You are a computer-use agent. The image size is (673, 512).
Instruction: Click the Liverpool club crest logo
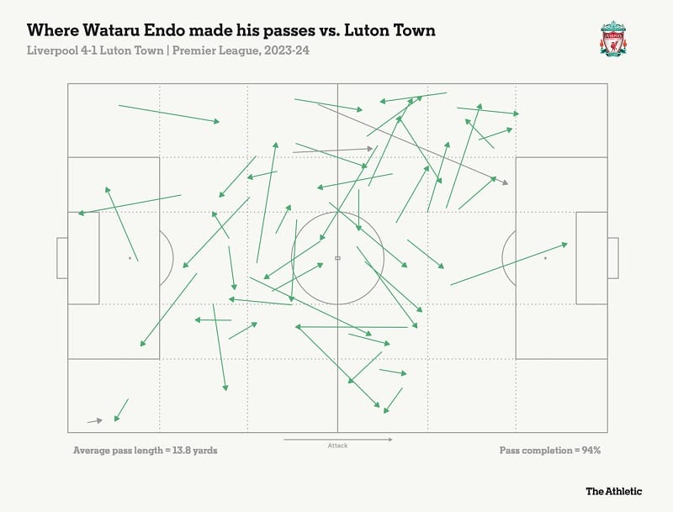click(x=613, y=39)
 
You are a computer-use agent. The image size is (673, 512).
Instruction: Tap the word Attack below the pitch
click(x=337, y=446)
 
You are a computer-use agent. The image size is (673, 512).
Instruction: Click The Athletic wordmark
click(x=614, y=491)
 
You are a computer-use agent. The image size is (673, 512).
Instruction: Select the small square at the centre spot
click(x=337, y=258)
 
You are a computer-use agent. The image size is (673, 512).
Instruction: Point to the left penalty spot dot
click(x=130, y=258)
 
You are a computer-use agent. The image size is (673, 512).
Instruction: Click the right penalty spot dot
click(x=545, y=258)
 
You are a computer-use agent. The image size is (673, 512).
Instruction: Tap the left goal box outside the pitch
click(x=61, y=258)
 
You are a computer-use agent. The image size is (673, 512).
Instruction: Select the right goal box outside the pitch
click(x=612, y=258)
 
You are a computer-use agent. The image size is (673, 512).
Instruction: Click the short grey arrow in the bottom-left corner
click(x=94, y=420)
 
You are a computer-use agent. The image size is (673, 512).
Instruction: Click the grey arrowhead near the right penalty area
click(x=505, y=182)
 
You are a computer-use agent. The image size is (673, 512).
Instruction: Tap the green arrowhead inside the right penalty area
click(x=564, y=245)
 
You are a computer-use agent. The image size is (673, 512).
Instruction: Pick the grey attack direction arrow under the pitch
click(x=337, y=439)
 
